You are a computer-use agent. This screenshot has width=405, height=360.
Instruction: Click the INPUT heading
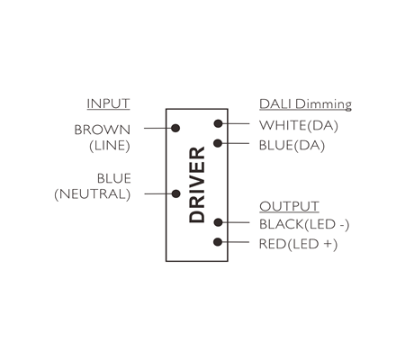108,103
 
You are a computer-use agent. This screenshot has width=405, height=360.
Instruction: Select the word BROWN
103,130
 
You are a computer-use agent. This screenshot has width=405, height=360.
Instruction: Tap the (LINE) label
110,146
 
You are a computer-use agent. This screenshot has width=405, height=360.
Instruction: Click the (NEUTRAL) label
93,194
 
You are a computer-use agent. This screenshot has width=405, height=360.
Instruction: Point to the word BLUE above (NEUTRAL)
114,178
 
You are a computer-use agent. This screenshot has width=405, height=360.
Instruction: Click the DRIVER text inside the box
197,184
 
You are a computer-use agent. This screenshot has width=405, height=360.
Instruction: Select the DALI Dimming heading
305,104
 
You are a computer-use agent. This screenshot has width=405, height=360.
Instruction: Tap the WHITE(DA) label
299,125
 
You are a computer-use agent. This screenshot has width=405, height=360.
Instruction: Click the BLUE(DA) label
292,146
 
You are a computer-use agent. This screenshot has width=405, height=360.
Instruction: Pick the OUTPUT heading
289,206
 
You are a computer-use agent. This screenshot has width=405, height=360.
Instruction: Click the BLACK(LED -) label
304,224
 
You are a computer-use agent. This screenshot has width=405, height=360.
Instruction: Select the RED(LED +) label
298,244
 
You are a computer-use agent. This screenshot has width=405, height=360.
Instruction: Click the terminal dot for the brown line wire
175,128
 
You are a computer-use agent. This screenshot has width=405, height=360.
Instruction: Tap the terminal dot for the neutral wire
175,193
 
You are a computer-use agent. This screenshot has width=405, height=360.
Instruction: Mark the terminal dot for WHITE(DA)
218,123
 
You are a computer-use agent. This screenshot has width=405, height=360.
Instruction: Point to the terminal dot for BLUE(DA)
218,143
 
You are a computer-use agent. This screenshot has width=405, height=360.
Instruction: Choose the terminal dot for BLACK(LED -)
218,222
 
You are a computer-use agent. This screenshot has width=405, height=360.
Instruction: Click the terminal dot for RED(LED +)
218,242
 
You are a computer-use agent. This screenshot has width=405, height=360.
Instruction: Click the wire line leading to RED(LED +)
234,242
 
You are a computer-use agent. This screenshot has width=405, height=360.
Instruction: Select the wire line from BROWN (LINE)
159,128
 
